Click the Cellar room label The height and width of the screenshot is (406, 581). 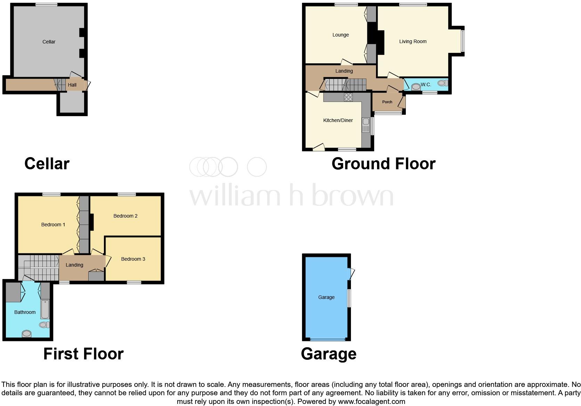[x=49, y=42]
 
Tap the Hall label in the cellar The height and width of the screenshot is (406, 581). [x=72, y=85]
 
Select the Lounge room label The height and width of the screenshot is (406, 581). [x=341, y=35]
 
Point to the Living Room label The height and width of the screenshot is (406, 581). [x=413, y=41]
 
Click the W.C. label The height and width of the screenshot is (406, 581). [x=426, y=84]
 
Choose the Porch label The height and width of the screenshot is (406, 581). [x=387, y=102]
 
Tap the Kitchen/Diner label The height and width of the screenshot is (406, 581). [x=338, y=120]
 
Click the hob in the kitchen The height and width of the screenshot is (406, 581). [x=348, y=97]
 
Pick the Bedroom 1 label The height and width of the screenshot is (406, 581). [x=53, y=225]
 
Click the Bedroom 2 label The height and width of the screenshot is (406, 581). [x=125, y=216]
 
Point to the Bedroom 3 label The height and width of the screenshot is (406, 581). [x=133, y=259]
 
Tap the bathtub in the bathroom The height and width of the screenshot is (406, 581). [x=45, y=309]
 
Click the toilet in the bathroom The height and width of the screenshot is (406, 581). [x=44, y=325]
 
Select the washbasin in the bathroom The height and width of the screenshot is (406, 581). [x=27, y=334]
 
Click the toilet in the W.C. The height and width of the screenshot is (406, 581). [x=442, y=83]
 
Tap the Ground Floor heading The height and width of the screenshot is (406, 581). [x=383, y=164]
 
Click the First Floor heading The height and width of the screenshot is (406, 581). [x=83, y=354]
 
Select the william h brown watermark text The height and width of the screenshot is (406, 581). [x=291, y=196]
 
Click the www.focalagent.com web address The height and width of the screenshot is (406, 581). [x=371, y=401]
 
